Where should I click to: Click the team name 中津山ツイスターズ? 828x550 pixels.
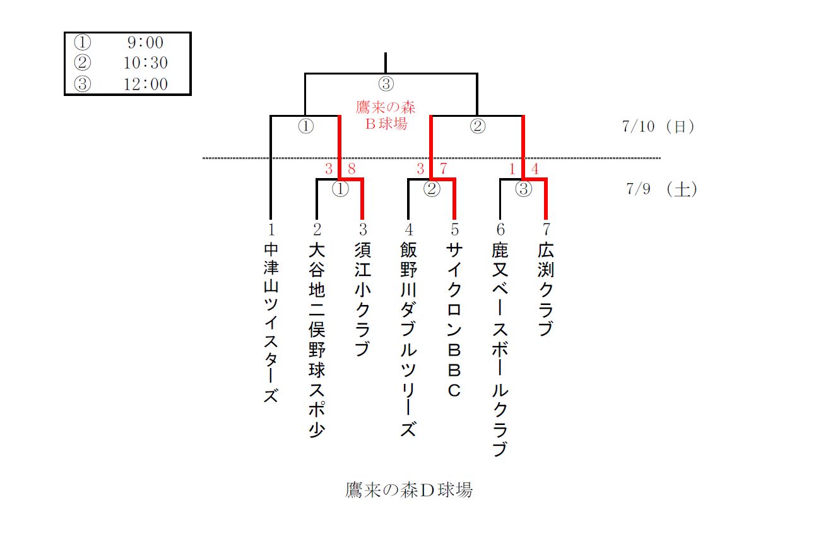(271, 323)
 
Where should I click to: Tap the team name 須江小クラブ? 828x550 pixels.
(362, 299)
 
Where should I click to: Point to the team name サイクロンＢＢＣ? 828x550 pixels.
(454, 320)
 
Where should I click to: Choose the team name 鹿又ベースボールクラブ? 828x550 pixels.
(500, 349)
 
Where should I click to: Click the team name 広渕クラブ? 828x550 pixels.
(546, 290)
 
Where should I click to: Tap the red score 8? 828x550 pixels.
(352, 169)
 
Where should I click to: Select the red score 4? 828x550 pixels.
(535, 169)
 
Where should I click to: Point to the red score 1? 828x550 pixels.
(513, 169)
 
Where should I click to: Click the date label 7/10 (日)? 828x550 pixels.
(658, 126)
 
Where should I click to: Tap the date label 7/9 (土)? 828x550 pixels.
(661, 189)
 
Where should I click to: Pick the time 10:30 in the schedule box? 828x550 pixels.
(146, 63)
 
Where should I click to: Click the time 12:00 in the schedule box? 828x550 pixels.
(146, 83)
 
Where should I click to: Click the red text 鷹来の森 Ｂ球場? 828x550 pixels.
(386, 114)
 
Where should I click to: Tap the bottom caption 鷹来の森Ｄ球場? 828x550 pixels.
(409, 490)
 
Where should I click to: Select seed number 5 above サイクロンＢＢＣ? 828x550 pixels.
(454, 230)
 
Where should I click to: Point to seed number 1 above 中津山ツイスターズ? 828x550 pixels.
(271, 230)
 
